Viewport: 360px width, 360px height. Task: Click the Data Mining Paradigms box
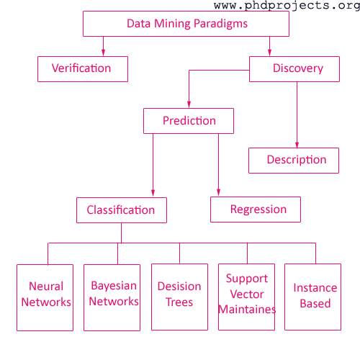point(186,24)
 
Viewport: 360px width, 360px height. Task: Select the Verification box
point(83,69)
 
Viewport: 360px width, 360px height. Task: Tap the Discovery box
point(294,69)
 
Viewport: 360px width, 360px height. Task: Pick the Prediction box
point(189,121)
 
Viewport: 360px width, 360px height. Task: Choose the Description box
point(294,161)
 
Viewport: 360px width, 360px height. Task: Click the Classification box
point(122,210)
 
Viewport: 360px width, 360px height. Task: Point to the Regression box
point(256,210)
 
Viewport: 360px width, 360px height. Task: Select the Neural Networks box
point(45,297)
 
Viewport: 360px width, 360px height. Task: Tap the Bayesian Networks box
point(112,297)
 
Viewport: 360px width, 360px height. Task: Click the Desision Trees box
point(179,297)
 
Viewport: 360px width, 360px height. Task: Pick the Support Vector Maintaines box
point(246,297)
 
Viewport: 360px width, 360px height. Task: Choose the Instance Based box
point(312,297)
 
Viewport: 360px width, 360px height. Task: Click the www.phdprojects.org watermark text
point(287,5)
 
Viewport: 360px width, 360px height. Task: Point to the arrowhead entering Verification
point(103,53)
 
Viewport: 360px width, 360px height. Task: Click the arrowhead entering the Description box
point(297,145)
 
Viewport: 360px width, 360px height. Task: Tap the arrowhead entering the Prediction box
point(189,104)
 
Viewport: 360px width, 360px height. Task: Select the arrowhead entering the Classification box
point(153,194)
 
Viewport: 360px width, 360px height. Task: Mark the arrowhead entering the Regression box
point(218,193)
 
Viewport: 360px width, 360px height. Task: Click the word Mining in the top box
point(173,24)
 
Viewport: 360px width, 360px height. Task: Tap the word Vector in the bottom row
point(247,294)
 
